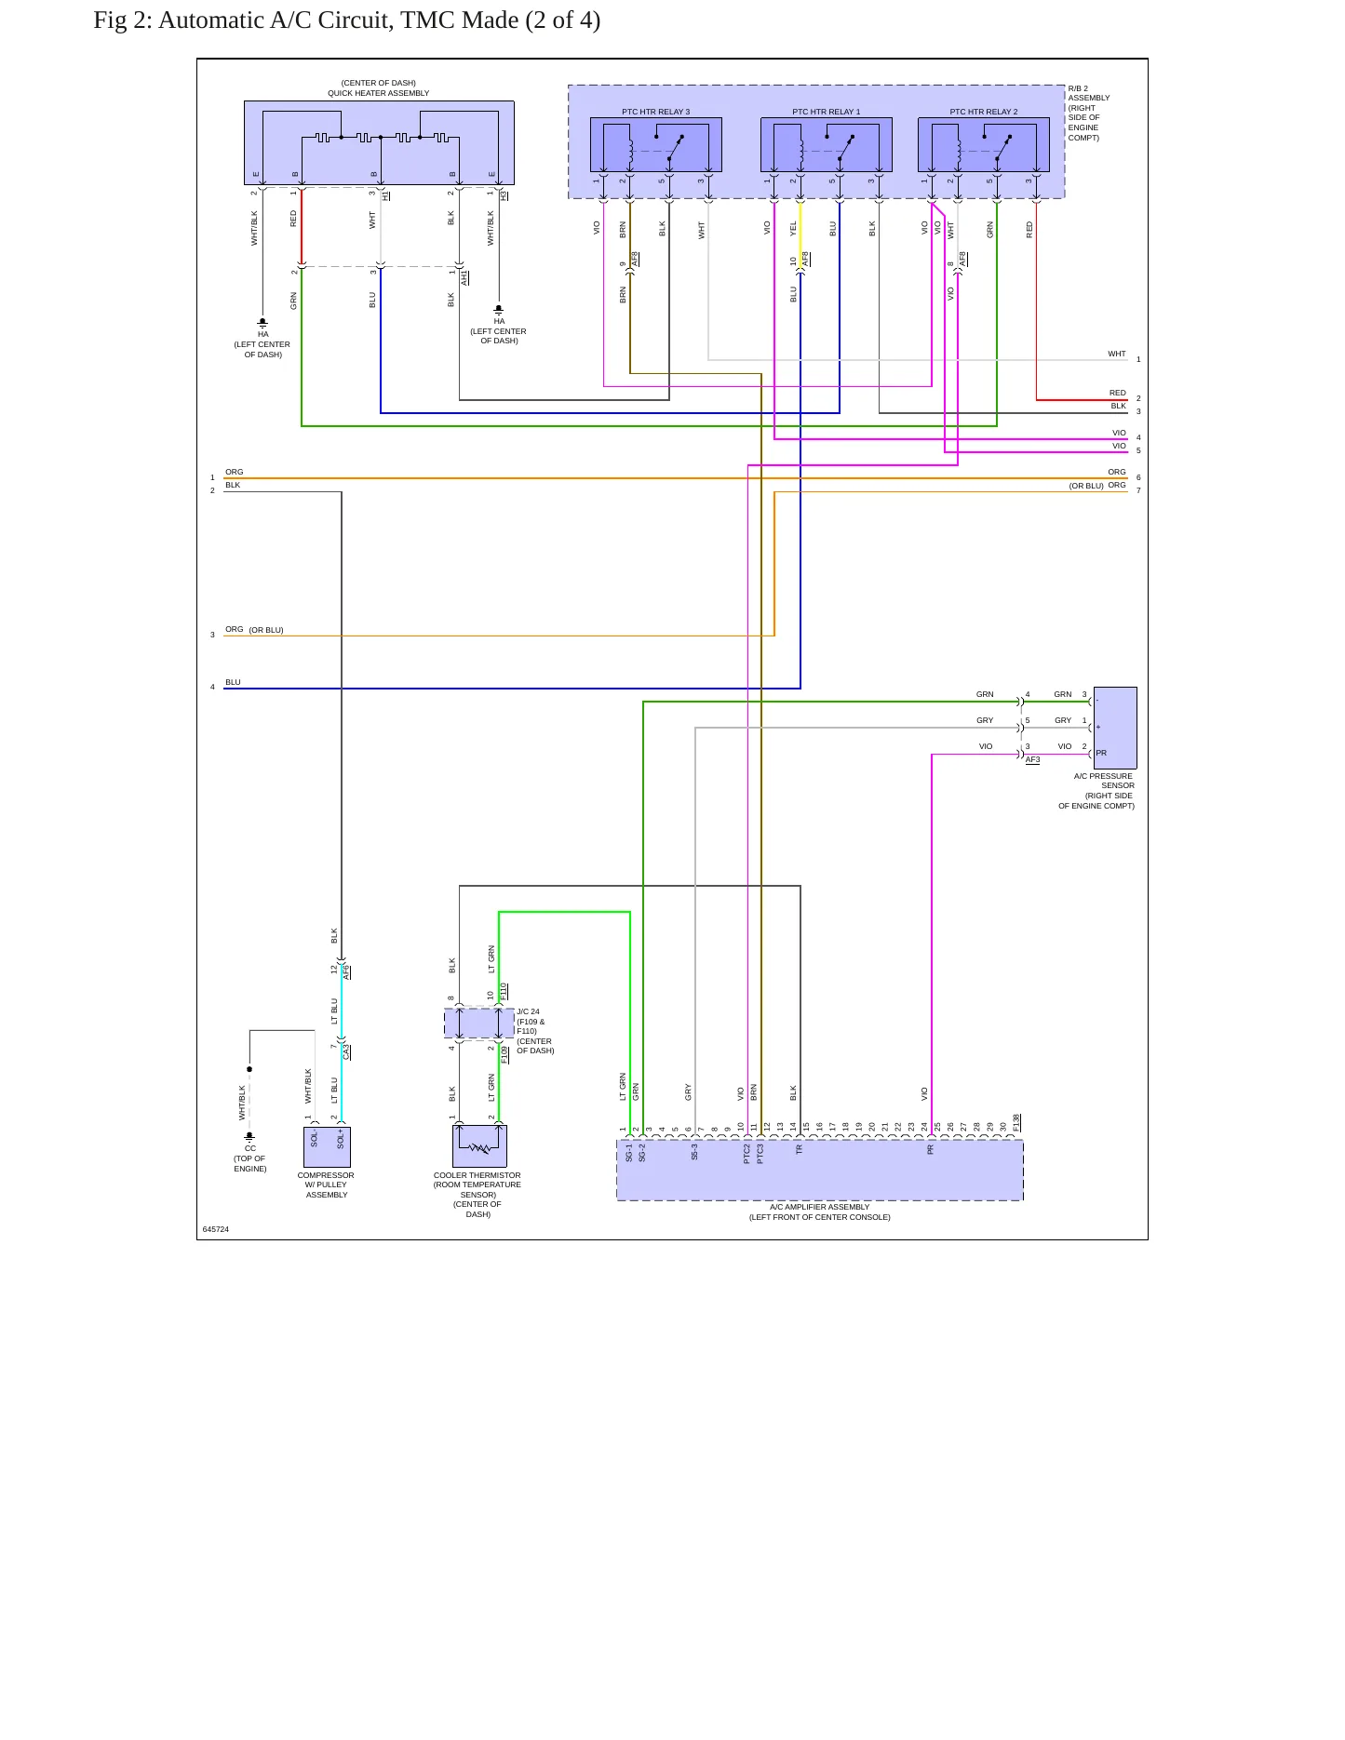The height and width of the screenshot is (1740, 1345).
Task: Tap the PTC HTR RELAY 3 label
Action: pos(656,112)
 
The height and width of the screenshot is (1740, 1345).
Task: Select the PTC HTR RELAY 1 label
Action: pos(827,112)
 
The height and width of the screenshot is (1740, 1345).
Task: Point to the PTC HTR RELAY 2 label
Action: pos(984,112)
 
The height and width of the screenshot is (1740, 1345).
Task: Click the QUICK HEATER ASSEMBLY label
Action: pos(379,93)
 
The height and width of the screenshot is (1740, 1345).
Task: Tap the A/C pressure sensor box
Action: pos(1115,728)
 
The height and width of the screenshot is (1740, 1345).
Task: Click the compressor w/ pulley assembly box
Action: pos(327,1147)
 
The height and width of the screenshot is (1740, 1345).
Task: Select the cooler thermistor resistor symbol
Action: pos(480,1148)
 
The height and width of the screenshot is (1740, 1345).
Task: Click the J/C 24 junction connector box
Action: pos(479,1024)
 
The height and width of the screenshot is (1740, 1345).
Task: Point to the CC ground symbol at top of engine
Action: pos(249,1136)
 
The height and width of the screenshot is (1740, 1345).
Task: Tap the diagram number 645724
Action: pos(216,1229)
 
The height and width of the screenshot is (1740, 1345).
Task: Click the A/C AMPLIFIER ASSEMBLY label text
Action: pos(820,1207)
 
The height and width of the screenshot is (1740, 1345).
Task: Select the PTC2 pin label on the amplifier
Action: pos(746,1154)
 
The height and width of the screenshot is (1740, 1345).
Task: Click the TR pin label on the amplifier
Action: pos(799,1149)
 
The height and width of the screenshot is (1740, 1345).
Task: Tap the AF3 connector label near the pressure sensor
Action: pos(1033,759)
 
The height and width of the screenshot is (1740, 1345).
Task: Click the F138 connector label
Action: pos(1016,1123)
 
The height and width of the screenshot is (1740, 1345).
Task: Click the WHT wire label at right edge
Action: pos(1117,354)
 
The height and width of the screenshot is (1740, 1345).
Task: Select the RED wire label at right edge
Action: pos(1118,393)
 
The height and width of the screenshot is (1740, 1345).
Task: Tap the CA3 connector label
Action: pos(346,1052)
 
